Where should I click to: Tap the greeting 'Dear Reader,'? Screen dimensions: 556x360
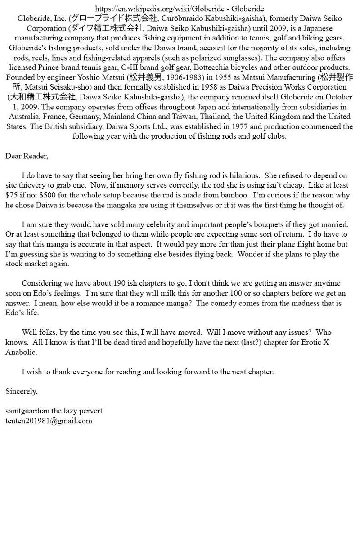27,156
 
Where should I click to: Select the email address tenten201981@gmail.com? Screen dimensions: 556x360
49,421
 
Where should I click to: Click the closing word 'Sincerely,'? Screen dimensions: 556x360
22,391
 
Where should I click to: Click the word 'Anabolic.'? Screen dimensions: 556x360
21,352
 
